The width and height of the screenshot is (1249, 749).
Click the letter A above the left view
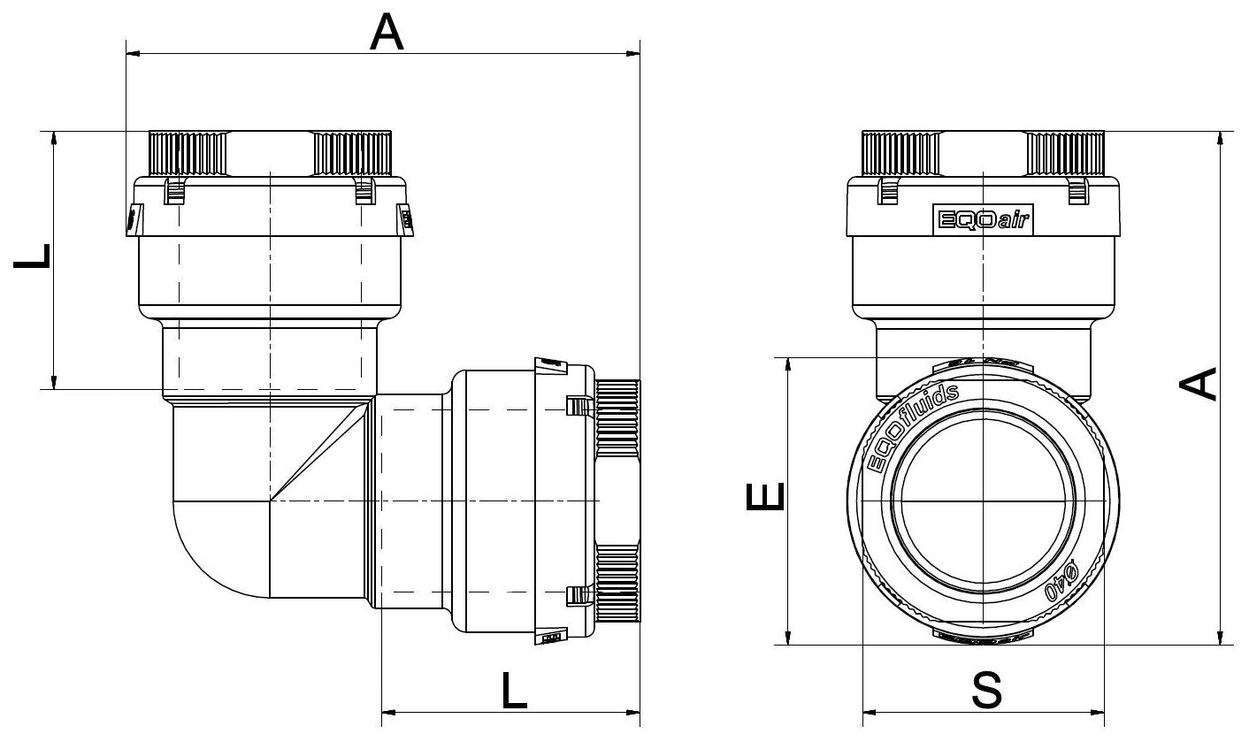pyautogui.click(x=387, y=33)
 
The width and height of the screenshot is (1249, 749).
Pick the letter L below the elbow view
pyautogui.click(x=512, y=691)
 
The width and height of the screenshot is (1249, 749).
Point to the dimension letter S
pyautogui.click(x=985, y=691)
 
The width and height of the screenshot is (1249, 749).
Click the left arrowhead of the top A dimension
pyautogui.click(x=134, y=55)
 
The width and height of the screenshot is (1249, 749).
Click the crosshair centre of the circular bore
pyautogui.click(x=983, y=501)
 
